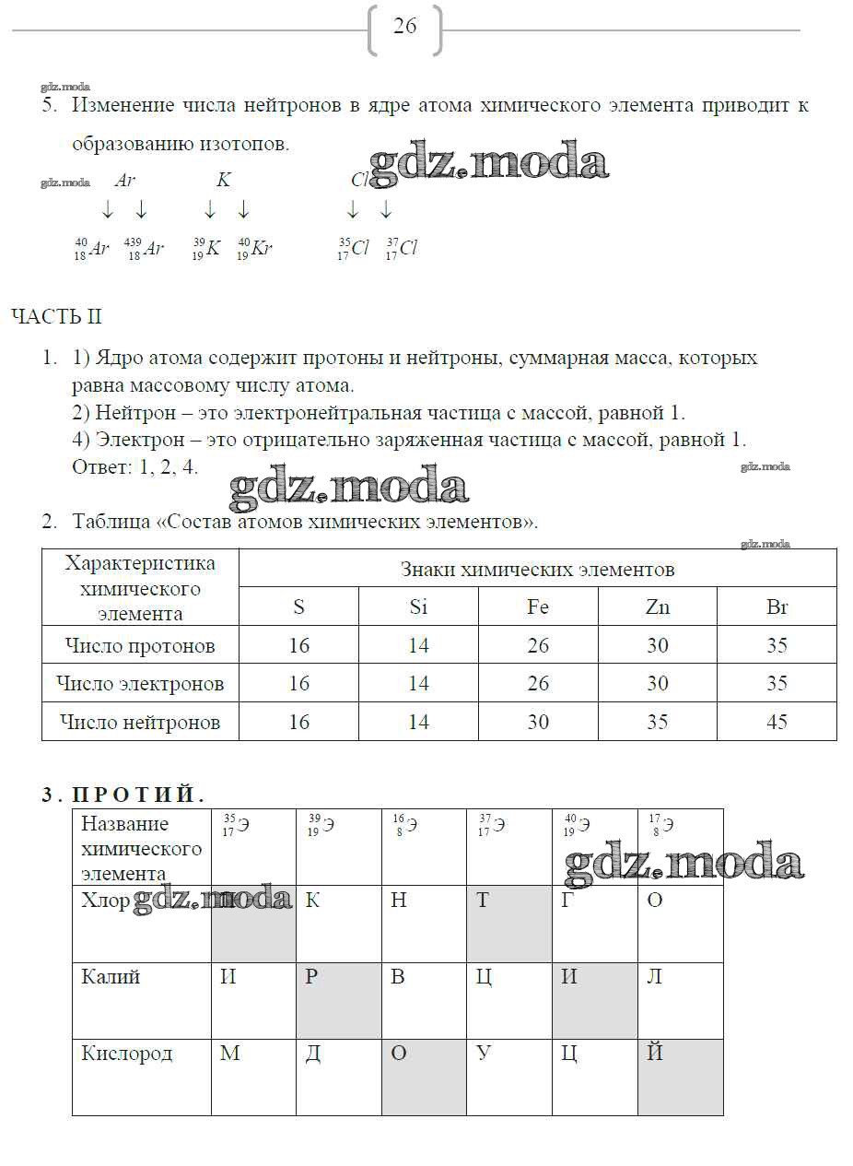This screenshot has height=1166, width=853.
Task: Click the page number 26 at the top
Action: coord(405,27)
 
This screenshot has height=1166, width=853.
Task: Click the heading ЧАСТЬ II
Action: coord(56,317)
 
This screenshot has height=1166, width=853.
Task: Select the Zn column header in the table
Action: coord(657,607)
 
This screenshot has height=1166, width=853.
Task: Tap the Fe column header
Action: coord(538,607)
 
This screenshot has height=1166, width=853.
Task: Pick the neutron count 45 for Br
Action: coord(777,722)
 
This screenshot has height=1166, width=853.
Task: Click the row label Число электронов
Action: coord(140,684)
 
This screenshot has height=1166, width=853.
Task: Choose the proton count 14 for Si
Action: coord(418,645)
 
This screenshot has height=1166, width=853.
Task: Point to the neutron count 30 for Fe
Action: coord(538,722)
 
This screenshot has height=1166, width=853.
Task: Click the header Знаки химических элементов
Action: coord(537,570)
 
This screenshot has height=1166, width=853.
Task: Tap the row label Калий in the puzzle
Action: coord(111,977)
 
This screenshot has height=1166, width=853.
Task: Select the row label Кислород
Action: coord(126,1054)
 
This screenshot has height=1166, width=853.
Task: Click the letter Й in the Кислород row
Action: coord(654,1054)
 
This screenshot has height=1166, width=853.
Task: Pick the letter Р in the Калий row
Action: coord(311,977)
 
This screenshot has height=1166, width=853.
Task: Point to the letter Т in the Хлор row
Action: coord(482,901)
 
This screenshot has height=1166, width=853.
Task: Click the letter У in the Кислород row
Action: coord(483,1054)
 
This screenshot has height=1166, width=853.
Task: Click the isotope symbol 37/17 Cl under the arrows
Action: coord(402,249)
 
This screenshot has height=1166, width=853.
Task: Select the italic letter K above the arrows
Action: coord(223,181)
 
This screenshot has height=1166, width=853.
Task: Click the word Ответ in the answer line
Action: coord(100,466)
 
